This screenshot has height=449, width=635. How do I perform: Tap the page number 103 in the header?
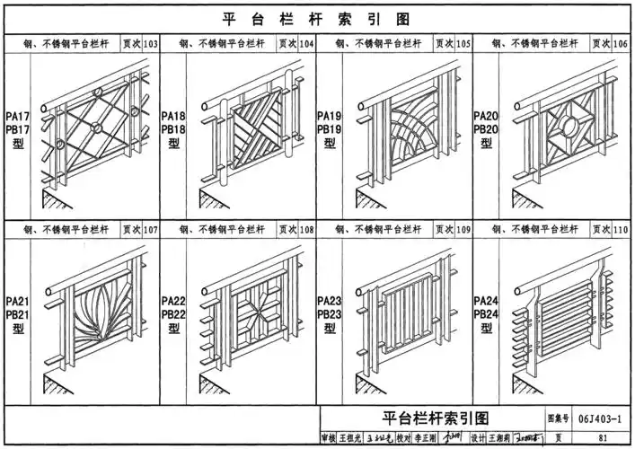(150, 44)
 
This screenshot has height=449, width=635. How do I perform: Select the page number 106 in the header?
(620, 44)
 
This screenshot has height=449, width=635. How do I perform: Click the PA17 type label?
(18, 117)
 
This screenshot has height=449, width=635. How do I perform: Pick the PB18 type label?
(173, 130)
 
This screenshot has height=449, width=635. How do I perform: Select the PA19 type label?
(330, 117)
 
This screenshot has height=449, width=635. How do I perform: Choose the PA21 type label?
(18, 302)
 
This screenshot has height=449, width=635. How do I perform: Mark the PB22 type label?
(173, 315)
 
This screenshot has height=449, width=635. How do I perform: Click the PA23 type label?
(330, 302)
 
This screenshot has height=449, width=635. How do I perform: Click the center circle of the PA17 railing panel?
(94, 128)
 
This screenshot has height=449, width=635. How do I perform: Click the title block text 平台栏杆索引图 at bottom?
(433, 418)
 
